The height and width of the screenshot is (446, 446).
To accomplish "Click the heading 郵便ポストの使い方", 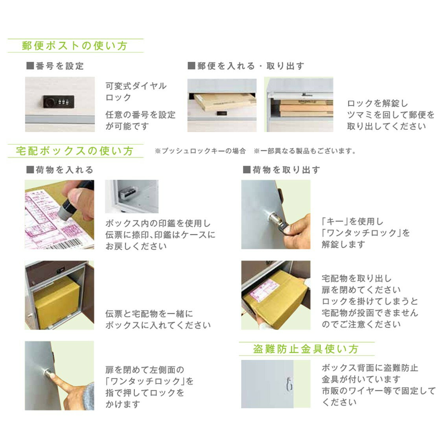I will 75,46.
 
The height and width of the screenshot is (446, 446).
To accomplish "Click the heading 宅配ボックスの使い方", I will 75,151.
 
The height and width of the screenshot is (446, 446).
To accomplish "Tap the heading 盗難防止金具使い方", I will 306,349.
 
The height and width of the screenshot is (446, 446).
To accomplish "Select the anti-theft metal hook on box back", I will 289,384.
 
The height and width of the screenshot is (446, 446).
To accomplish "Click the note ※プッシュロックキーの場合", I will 200,151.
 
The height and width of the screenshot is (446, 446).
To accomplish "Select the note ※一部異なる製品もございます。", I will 304,151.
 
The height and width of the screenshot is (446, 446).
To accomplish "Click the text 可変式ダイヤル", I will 136,86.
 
